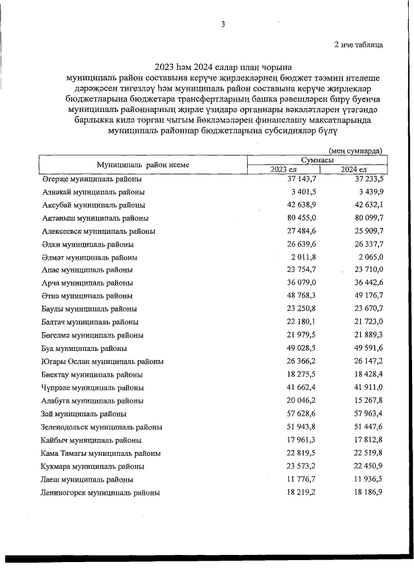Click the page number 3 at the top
pos(223,25)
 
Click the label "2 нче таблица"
pos(358,45)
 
